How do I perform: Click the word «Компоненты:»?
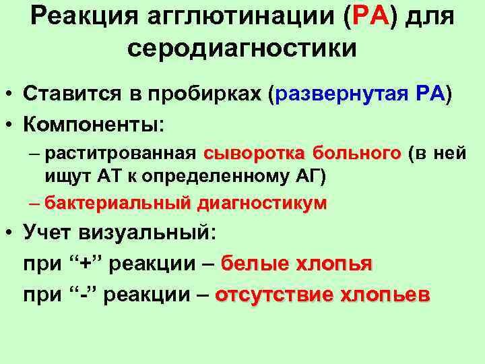pos(94,125)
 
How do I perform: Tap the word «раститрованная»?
pos(121,154)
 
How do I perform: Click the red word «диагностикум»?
pos(261,203)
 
